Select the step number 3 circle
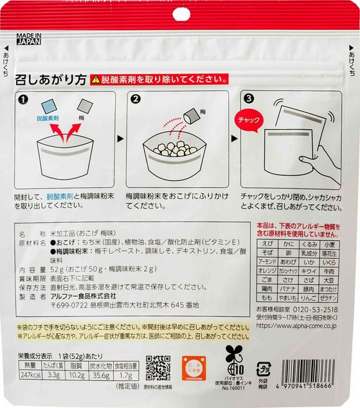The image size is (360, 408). tap(249, 98)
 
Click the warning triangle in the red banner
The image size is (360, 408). tap(96, 80)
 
